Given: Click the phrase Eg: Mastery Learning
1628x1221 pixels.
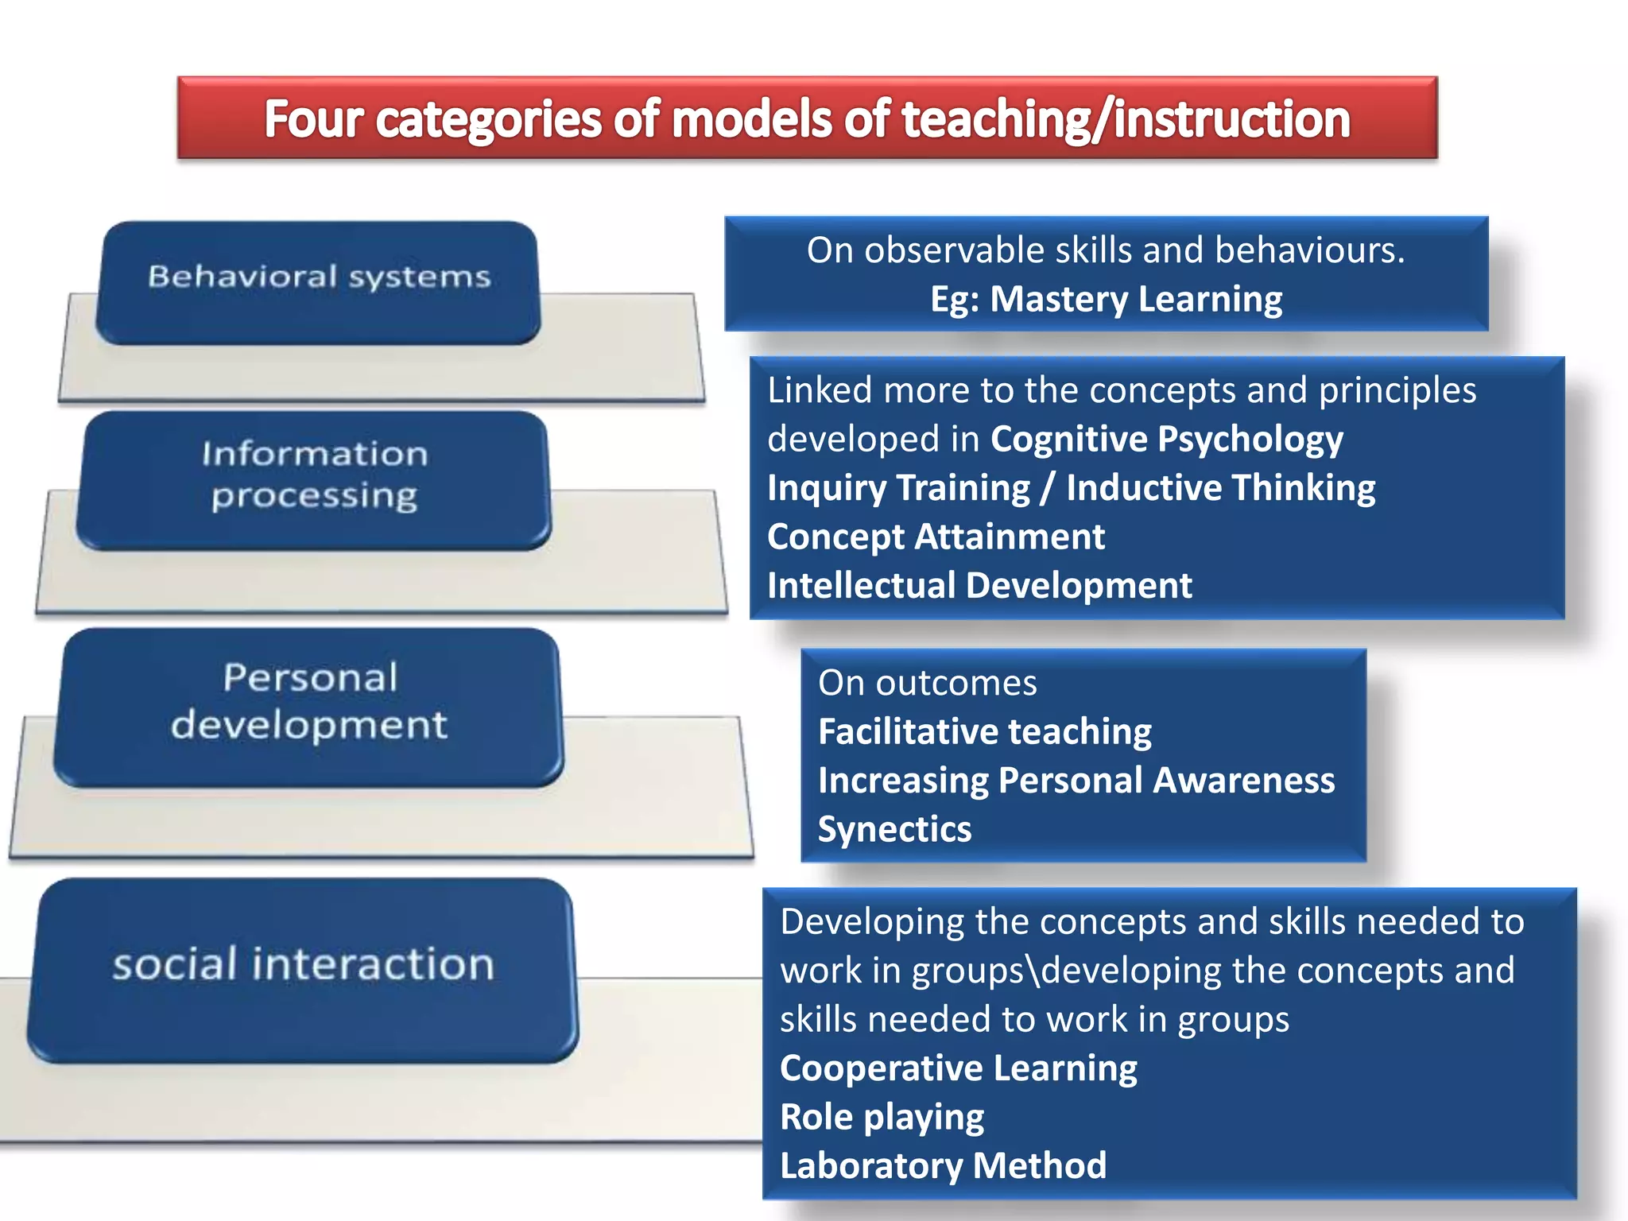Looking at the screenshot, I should point(1106,300).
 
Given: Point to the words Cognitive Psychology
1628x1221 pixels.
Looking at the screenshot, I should point(1166,439).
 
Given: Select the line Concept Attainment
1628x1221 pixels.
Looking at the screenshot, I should point(936,537).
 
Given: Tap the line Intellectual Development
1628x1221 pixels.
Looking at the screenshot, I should point(979,586).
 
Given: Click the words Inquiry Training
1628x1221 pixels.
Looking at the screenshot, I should point(898,488).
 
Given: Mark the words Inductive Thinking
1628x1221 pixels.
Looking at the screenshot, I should point(1220,488).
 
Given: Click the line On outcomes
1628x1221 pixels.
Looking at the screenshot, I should point(927,683).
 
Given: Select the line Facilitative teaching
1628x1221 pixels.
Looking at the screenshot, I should point(984,731).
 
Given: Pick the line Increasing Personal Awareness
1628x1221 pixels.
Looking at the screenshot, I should point(1076,781).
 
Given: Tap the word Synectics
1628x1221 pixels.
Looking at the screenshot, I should point(894,829).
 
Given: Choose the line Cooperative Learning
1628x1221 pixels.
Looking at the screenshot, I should point(958,1068).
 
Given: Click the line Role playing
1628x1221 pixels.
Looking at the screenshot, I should point(882,1117).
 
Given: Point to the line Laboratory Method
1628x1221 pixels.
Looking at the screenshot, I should point(943,1166).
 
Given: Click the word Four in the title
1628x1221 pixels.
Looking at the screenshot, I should point(313,119).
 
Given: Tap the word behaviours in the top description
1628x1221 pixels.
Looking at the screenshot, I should point(1309,250).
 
